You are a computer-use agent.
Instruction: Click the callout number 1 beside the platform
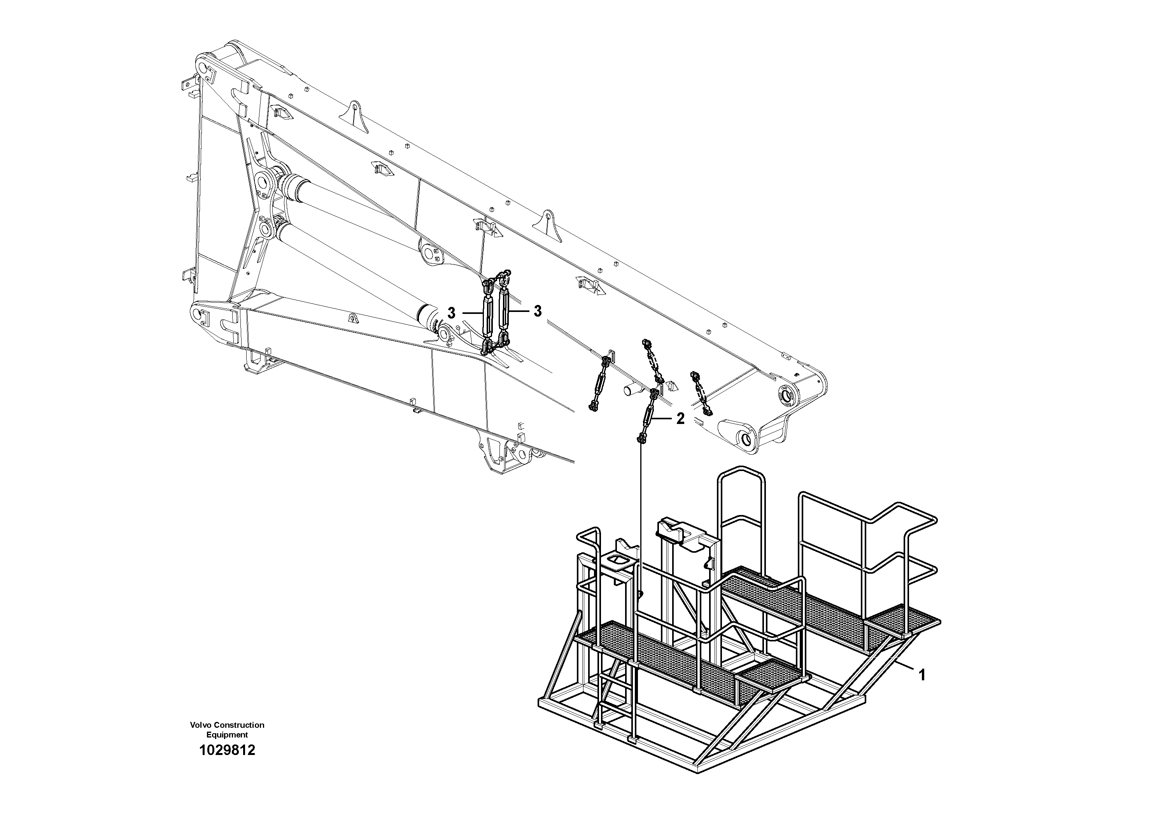pyautogui.click(x=922, y=675)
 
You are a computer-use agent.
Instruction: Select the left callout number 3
pyautogui.click(x=451, y=313)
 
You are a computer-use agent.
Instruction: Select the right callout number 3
pyautogui.click(x=538, y=311)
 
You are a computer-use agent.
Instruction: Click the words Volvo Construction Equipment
pyautogui.click(x=227, y=730)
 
